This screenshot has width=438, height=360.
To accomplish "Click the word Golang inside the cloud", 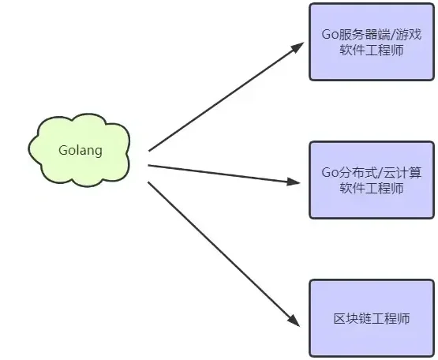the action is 80,151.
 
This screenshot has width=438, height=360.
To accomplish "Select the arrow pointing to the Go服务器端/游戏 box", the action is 226,96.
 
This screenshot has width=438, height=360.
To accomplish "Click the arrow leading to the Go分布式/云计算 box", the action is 224,174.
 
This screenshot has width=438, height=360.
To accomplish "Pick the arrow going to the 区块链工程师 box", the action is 224,254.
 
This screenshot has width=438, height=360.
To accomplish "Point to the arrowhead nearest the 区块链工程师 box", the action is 294,321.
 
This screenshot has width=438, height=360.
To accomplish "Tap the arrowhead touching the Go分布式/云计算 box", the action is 294,182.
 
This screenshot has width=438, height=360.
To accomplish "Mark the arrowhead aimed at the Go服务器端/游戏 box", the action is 298,47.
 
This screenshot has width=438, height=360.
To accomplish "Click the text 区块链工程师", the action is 372,319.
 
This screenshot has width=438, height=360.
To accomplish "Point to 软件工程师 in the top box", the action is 372,51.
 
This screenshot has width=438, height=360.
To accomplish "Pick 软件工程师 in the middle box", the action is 372,189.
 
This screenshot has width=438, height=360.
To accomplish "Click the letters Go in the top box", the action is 330,35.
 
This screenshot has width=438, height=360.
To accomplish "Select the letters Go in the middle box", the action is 330,173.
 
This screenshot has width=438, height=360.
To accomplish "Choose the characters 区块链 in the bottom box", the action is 353,319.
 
